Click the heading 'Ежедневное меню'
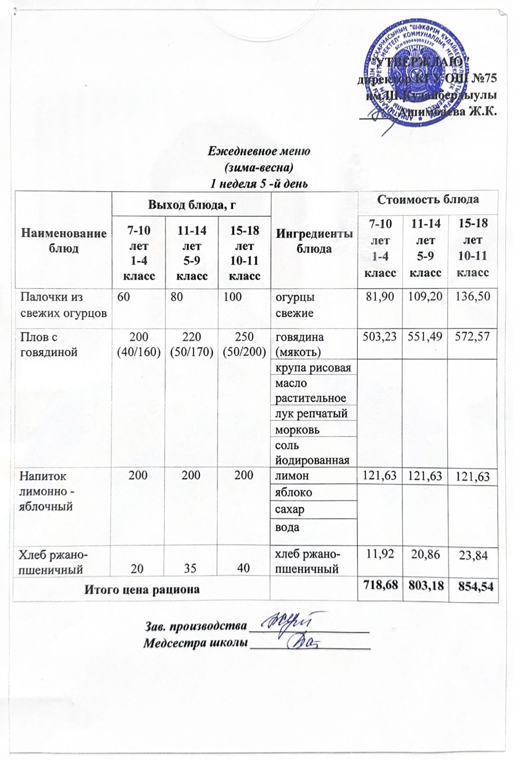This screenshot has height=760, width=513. coord(259,152)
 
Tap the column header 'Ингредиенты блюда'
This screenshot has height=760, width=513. coord(314,241)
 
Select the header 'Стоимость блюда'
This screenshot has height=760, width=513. coord(427,199)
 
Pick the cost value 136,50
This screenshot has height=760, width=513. coord(473,296)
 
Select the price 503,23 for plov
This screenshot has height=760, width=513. coord(380,337)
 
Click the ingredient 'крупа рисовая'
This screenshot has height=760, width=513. coord(313,367)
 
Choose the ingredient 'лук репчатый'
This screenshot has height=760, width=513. coord(312,413)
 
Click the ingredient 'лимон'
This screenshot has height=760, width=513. coord(292,475)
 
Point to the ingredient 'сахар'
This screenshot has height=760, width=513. coord(290,510)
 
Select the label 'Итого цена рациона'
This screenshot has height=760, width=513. coord(142,589)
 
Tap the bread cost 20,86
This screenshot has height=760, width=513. coord(425,553)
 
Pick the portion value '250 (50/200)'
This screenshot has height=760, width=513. coord(244,344)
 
